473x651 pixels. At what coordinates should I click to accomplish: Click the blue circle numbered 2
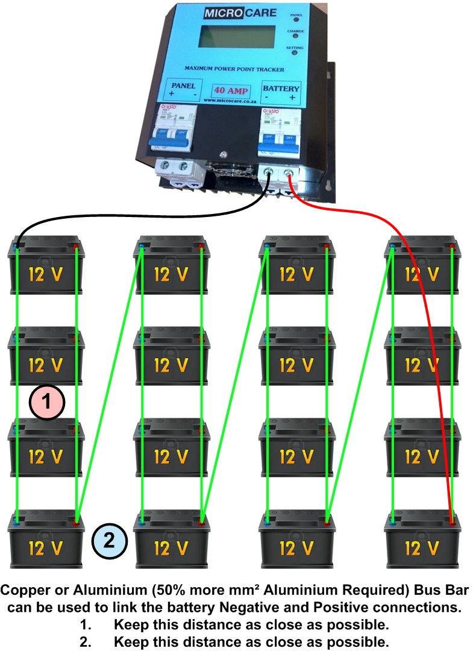(108, 540)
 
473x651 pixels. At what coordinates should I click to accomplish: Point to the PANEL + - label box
(183, 90)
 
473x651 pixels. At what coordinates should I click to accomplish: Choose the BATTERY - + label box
(281, 92)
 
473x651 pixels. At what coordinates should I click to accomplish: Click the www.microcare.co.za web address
(230, 102)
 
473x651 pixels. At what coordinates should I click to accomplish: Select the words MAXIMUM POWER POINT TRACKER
(238, 70)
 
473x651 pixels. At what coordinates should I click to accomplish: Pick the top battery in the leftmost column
(46, 265)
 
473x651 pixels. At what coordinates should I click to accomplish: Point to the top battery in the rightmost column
(422, 265)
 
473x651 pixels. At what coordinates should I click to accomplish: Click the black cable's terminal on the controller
(269, 175)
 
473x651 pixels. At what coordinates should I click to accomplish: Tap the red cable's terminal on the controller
(290, 176)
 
